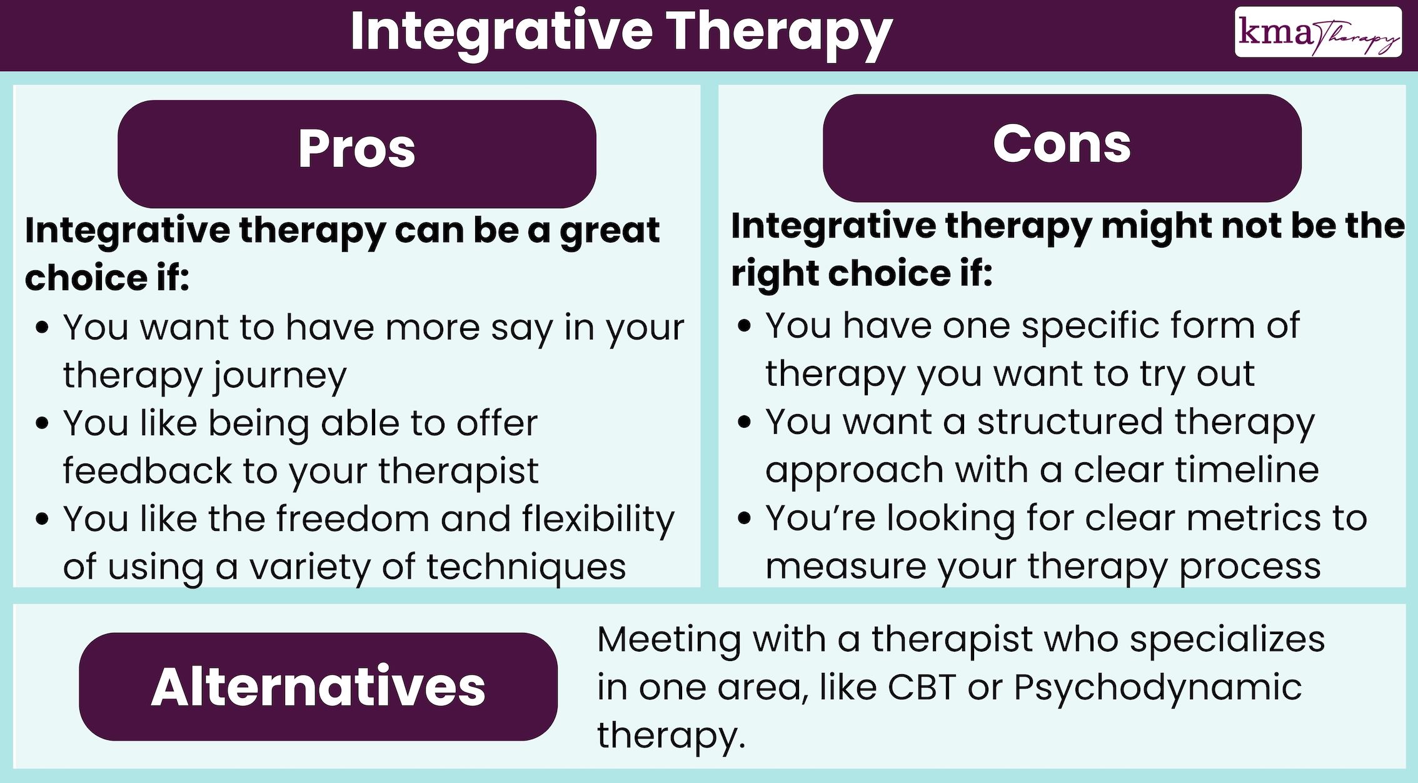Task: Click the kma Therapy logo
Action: click(1318, 33)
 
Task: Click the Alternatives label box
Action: click(318, 687)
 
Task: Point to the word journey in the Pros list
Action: click(279, 376)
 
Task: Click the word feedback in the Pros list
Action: click(148, 470)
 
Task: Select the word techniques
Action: click(526, 567)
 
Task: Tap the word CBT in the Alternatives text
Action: click(922, 687)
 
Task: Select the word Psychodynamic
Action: click(1157, 688)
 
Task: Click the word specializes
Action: click(1227, 640)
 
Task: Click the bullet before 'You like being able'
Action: click(43, 423)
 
